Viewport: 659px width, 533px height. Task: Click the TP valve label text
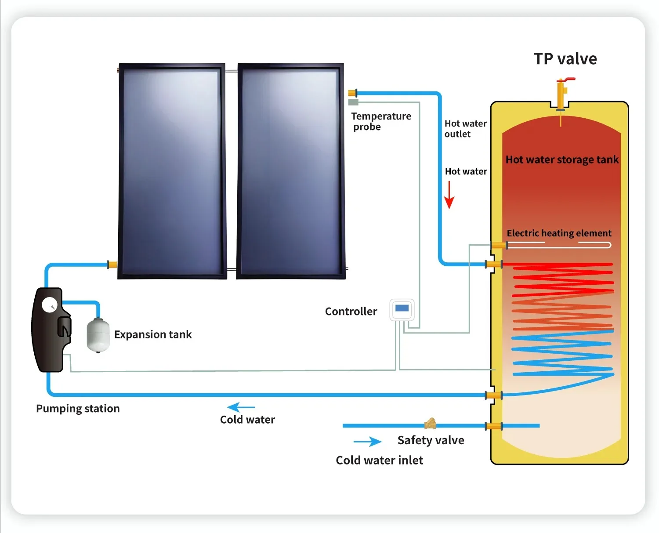click(x=565, y=59)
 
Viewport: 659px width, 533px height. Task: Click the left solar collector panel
click(x=172, y=171)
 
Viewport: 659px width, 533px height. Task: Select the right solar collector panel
click(x=290, y=171)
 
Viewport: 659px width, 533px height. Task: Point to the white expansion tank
click(x=98, y=335)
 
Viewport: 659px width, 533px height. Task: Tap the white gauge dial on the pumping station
click(x=49, y=305)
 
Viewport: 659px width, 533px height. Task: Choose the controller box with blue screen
click(x=402, y=309)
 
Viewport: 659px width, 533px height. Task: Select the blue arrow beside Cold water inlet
click(x=368, y=441)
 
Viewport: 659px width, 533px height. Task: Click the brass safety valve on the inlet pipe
click(x=430, y=424)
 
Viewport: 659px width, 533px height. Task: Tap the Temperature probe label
click(x=381, y=121)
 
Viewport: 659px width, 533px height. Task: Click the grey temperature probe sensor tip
click(x=353, y=102)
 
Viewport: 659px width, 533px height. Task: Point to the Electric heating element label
click(x=559, y=233)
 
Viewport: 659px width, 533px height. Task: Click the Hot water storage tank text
click(x=562, y=160)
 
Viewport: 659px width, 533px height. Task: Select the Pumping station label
click(x=78, y=409)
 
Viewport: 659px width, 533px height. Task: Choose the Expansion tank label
click(x=153, y=334)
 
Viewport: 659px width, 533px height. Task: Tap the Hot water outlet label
click(x=465, y=129)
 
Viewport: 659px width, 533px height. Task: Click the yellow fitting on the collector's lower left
click(x=112, y=265)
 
